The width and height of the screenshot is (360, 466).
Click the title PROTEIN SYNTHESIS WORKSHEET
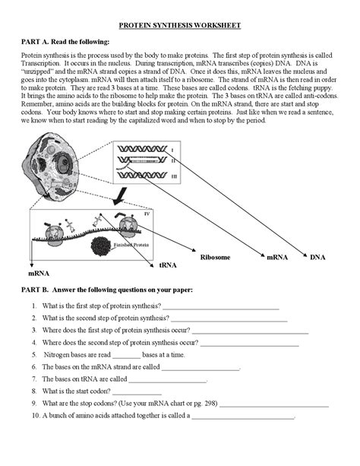coord(181,25)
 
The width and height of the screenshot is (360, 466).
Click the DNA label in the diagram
coord(317,258)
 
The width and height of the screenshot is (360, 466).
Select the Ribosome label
coord(216,258)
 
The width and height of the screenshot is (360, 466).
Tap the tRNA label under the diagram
coord(168,265)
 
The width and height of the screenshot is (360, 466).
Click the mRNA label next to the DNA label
coord(276,258)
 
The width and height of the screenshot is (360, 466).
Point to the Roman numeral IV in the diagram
coord(169,215)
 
